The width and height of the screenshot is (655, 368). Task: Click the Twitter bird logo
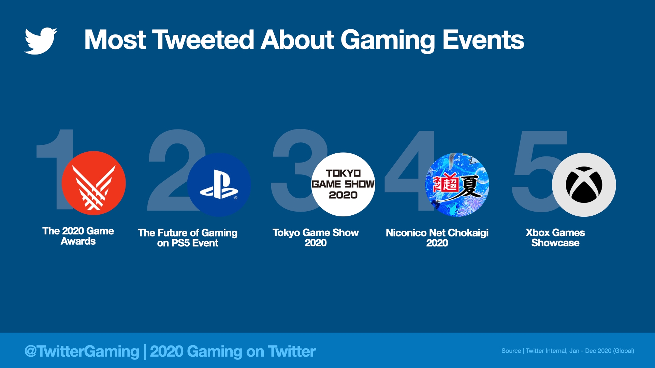[x=41, y=41]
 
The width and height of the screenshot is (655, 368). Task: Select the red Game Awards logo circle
[x=93, y=183]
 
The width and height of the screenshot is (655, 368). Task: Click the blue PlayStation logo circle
[x=219, y=185]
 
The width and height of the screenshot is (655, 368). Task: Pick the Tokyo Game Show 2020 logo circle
[x=343, y=184]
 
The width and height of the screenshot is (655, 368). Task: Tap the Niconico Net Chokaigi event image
[x=457, y=184]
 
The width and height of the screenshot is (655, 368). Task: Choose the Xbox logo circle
[x=584, y=185]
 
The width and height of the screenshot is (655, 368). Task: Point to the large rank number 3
[x=293, y=170]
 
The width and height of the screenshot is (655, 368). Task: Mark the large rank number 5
[x=536, y=170]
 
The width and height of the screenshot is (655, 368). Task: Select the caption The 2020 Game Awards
[x=78, y=236]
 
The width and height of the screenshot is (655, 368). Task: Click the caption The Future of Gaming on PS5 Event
[x=188, y=238]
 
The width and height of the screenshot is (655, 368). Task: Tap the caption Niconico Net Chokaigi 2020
[x=437, y=238]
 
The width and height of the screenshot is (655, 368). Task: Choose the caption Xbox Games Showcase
[x=555, y=238]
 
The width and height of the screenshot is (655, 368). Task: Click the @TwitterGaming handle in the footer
[x=82, y=351]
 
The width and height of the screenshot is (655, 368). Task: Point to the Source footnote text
[x=568, y=351]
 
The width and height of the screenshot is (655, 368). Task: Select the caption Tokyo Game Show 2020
[x=316, y=238]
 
